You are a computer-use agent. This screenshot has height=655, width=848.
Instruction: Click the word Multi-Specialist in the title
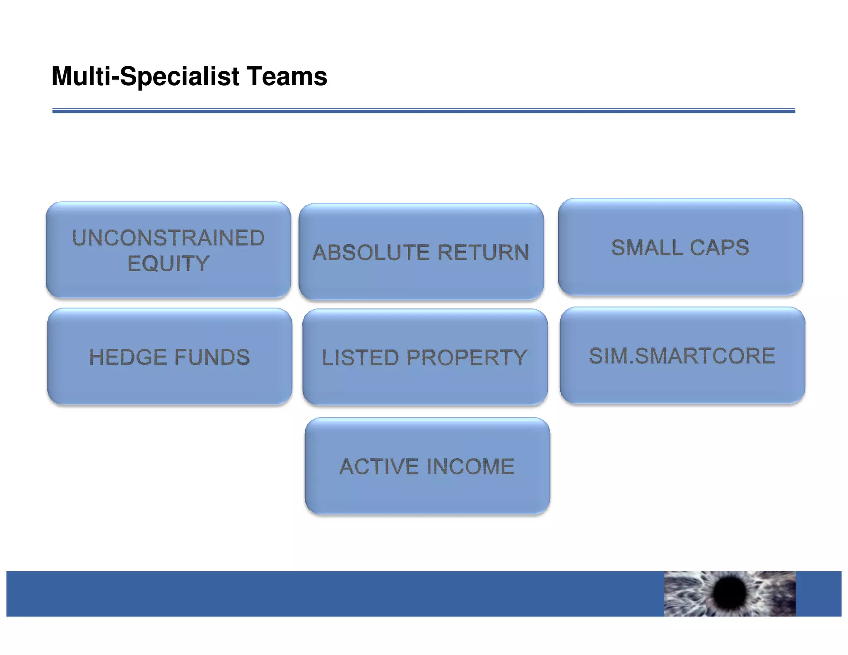click(145, 77)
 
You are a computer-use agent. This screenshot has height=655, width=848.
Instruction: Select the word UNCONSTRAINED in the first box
click(168, 238)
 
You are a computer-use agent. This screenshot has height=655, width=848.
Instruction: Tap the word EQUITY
click(168, 264)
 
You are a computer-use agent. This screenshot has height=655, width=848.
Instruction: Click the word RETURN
click(483, 253)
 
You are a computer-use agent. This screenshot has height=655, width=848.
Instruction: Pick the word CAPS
click(719, 248)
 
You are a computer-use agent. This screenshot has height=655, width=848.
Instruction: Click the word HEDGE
click(127, 357)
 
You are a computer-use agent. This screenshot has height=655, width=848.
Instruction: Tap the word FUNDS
click(212, 357)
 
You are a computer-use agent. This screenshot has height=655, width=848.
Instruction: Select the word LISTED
click(360, 358)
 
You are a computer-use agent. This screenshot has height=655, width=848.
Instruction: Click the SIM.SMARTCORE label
click(682, 356)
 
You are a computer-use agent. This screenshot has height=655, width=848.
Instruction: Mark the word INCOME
click(470, 467)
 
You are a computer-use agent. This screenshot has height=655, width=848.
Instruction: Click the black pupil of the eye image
click(730, 592)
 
